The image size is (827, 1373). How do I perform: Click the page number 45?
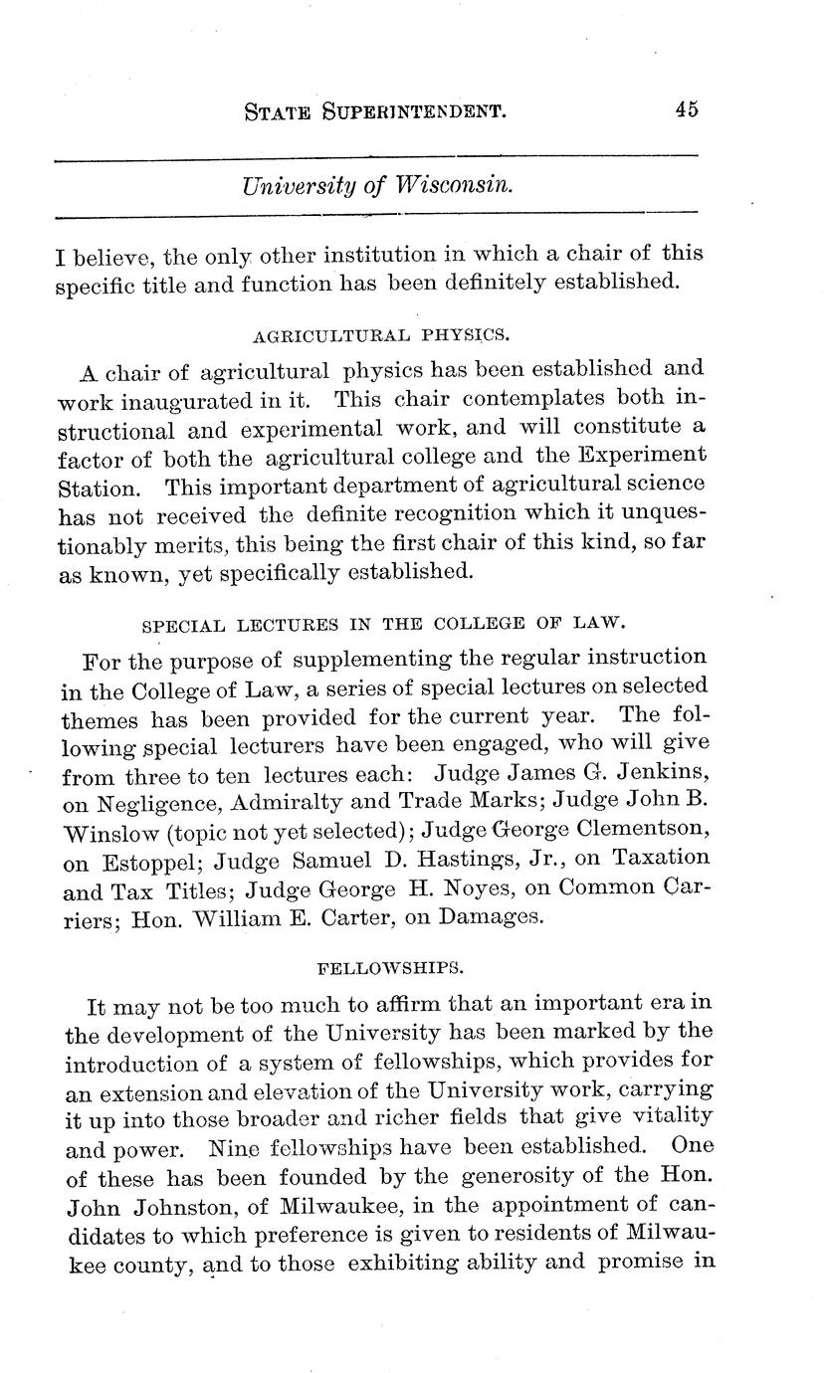point(686,109)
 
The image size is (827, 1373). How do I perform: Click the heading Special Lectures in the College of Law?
point(383,624)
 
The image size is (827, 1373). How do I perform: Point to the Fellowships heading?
point(375,966)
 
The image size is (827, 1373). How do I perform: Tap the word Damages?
point(493,915)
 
